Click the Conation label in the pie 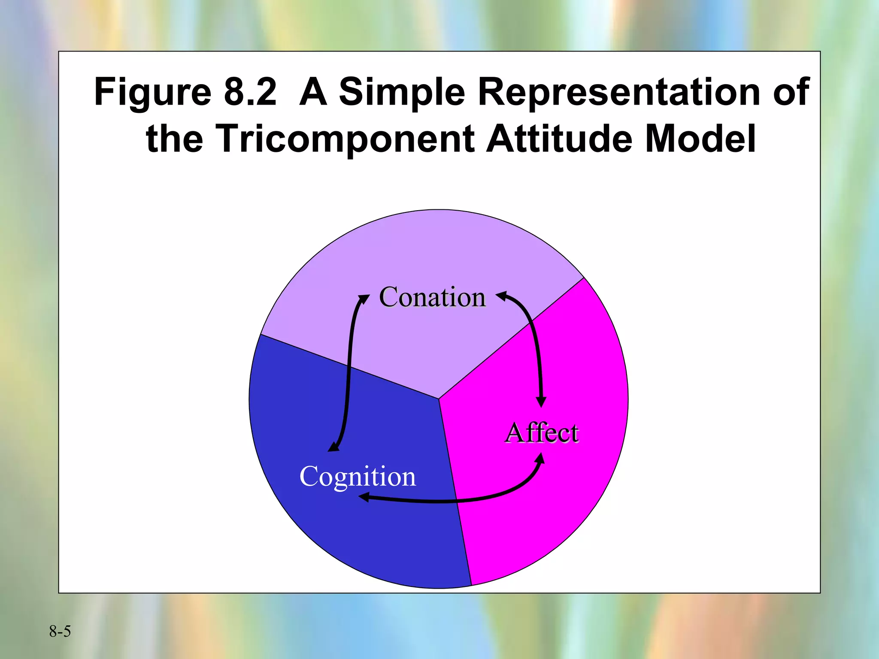pyautogui.click(x=432, y=297)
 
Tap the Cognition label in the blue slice pyautogui.click(x=358, y=476)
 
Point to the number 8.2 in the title pyautogui.click(x=250, y=92)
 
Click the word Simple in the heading pyautogui.click(x=402, y=92)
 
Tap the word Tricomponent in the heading pyautogui.click(x=345, y=139)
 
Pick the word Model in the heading pyautogui.click(x=700, y=139)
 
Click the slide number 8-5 pyautogui.click(x=60, y=631)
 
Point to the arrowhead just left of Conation pyautogui.click(x=364, y=298)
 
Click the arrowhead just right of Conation pyautogui.click(x=501, y=295)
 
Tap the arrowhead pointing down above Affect pyautogui.click(x=542, y=402)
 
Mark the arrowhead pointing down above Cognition pyautogui.click(x=333, y=447)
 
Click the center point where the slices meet pyautogui.click(x=439, y=399)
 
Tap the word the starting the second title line pyautogui.click(x=174, y=139)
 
